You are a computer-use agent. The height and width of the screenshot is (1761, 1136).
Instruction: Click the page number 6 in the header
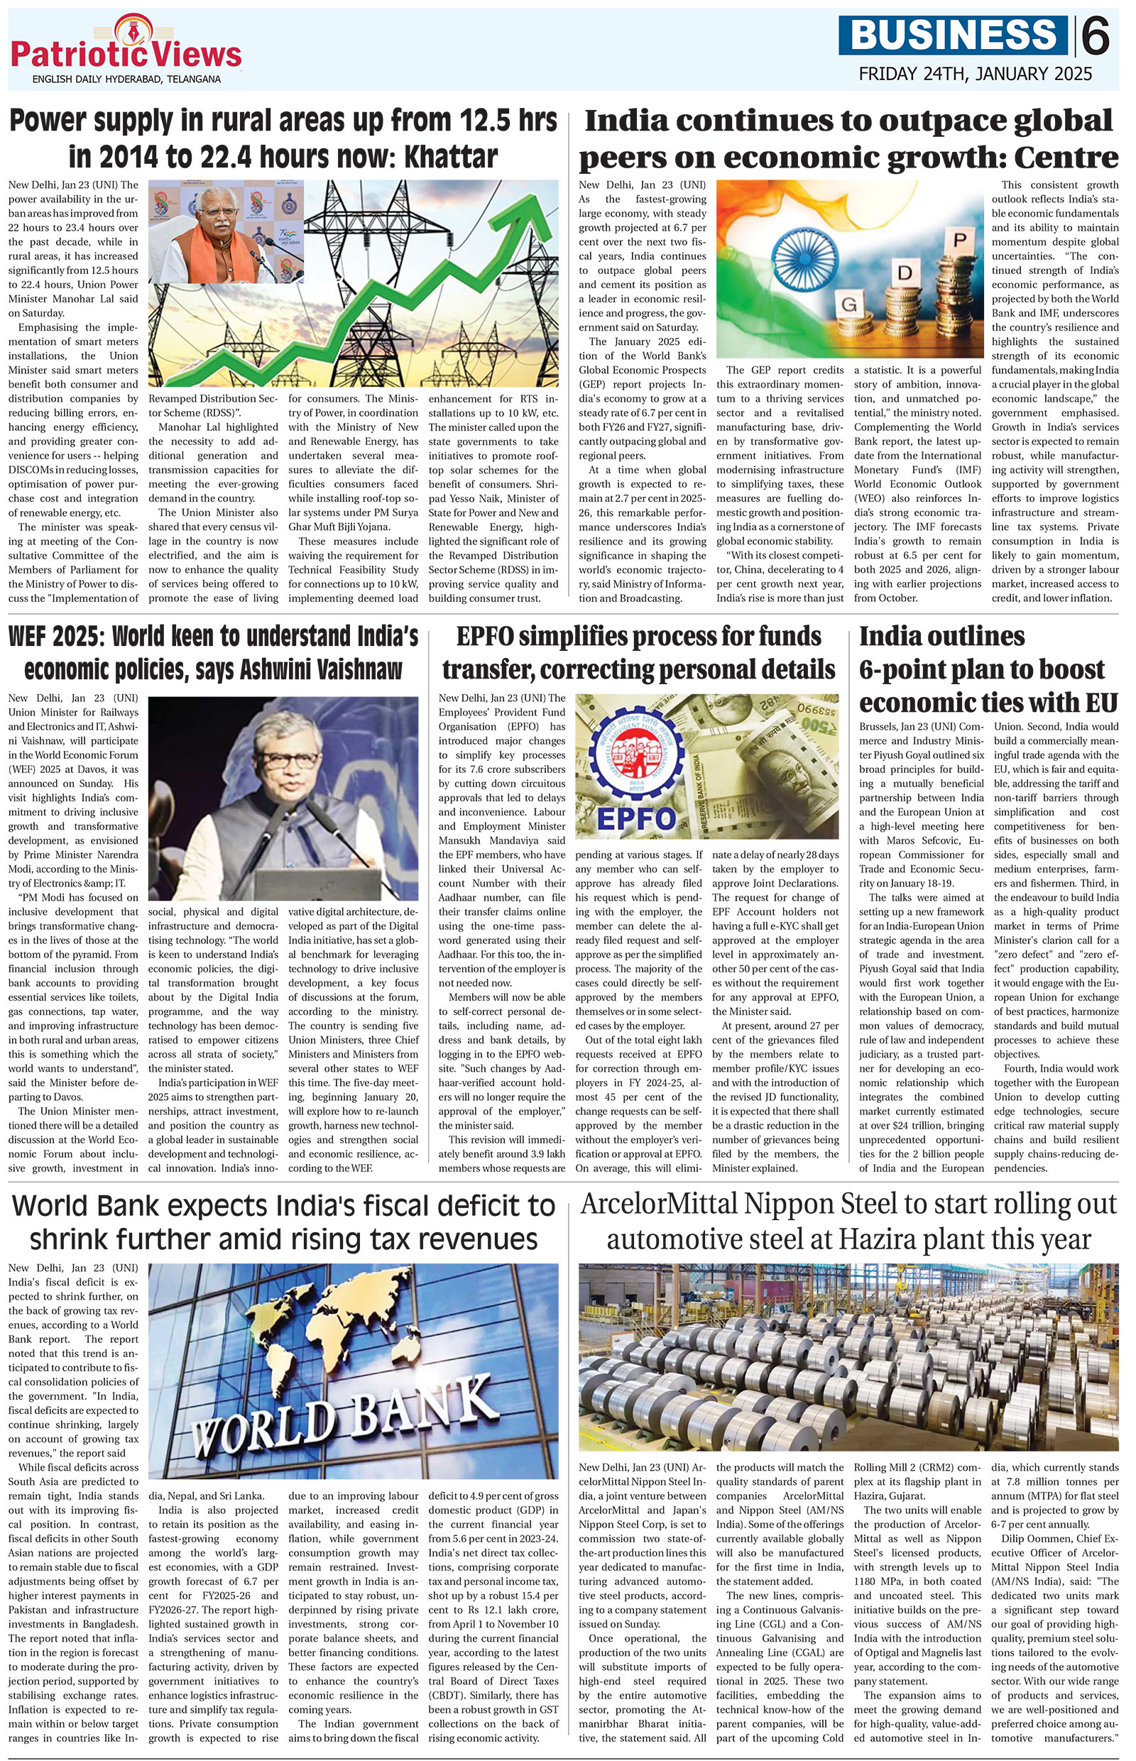tap(1097, 35)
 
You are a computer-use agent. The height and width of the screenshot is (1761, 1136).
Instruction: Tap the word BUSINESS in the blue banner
tap(953, 35)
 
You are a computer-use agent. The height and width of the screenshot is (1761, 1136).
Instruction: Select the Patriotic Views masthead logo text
tap(126, 55)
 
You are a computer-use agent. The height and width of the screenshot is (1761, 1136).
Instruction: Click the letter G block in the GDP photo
tap(851, 304)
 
